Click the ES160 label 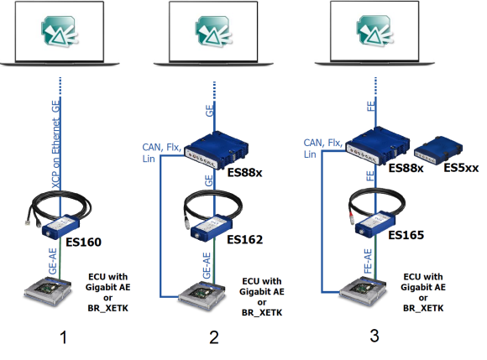(84, 242)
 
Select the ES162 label (245, 239)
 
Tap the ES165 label (406, 235)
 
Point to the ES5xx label (461, 168)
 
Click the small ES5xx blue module (438, 149)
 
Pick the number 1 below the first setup (64, 337)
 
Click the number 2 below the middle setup (214, 337)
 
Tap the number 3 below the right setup (374, 336)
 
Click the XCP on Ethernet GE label (56, 144)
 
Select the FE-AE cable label (368, 261)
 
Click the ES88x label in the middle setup (245, 172)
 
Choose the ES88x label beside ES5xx (406, 168)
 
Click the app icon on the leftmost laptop (59, 31)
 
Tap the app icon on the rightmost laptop (374, 31)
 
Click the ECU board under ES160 (48, 291)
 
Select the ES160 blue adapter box (60, 227)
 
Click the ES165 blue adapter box (375, 224)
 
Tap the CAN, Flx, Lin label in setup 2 (161, 153)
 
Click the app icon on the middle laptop (213, 31)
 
